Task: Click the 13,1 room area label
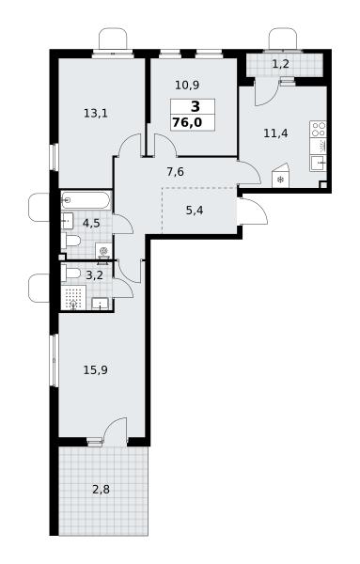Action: point(96,114)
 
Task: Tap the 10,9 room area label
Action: point(187,86)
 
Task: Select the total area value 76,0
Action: point(187,122)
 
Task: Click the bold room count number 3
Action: point(196,107)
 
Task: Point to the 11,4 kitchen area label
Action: point(275,133)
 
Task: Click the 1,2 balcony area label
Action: point(280,64)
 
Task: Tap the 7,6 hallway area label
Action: point(175,172)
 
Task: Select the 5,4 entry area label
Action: point(195,210)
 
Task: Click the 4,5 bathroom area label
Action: point(91,224)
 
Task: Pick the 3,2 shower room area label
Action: point(95,275)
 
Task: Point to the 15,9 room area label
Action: point(95,369)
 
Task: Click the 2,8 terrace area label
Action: point(102,490)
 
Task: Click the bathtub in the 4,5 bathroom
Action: point(86,200)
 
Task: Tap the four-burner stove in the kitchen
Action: point(319,130)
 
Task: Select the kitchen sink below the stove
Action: point(319,164)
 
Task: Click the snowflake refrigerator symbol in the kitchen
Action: point(280,179)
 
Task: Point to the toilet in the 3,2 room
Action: point(70,273)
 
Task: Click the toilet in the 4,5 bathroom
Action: point(70,241)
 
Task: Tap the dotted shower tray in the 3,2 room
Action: point(73,297)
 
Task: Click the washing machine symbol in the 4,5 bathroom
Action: point(103,250)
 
